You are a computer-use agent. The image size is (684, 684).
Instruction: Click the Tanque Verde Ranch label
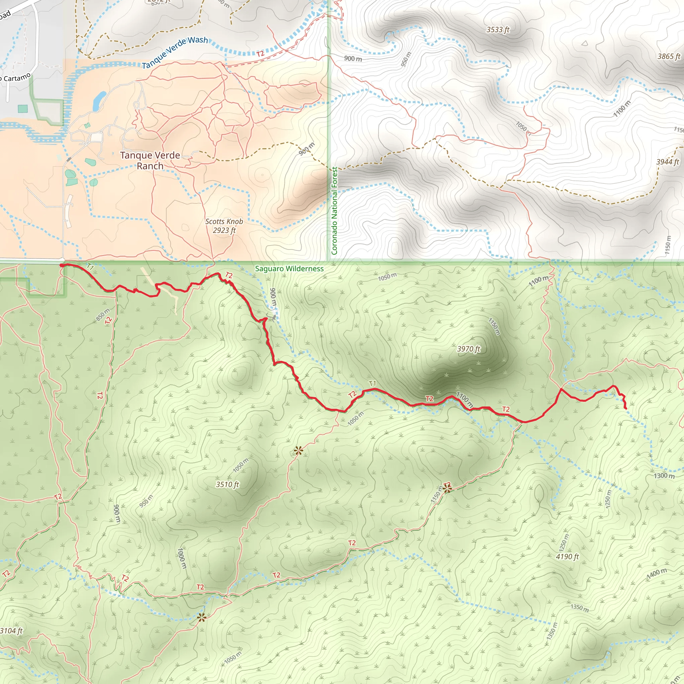pyautogui.click(x=150, y=160)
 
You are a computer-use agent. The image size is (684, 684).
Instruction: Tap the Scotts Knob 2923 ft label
pyautogui.click(x=224, y=226)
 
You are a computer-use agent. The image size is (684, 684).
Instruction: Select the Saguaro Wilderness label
pyautogui.click(x=289, y=269)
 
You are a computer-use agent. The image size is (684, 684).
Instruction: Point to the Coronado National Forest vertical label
pyautogui.click(x=334, y=211)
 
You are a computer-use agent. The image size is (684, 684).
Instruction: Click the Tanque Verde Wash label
pyautogui.click(x=175, y=52)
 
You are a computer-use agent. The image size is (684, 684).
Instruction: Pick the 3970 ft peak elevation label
pyautogui.click(x=468, y=349)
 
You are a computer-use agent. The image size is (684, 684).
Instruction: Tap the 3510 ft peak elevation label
pyautogui.click(x=227, y=484)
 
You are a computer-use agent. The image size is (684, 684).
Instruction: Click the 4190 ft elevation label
pyautogui.click(x=567, y=556)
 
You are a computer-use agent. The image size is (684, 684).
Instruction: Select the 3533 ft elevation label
pyautogui.click(x=497, y=30)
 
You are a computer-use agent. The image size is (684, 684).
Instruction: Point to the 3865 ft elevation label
pyautogui.click(x=669, y=56)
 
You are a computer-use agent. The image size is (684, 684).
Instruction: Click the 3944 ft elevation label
pyautogui.click(x=667, y=162)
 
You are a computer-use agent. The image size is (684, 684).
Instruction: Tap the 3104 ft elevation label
pyautogui.click(x=11, y=631)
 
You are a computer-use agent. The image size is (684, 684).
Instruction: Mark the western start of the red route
pyautogui.click(x=61, y=265)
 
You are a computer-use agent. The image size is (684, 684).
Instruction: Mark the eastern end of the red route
pyautogui.click(x=626, y=408)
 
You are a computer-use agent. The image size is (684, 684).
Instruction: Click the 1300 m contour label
pyautogui.click(x=664, y=476)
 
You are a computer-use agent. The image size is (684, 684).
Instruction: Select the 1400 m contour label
pyautogui.click(x=657, y=573)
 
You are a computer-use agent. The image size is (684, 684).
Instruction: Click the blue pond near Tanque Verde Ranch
pyautogui.click(x=99, y=101)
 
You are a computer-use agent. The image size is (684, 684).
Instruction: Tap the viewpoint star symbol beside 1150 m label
pyautogui.click(x=447, y=489)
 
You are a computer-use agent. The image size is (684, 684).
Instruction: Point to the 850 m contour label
pyautogui.click(x=103, y=314)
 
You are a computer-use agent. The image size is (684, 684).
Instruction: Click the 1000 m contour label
pyautogui.click(x=182, y=558)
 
